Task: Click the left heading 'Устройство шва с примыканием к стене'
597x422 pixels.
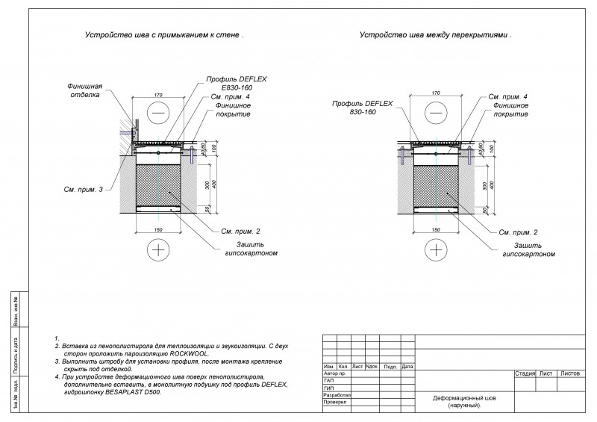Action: (x=164, y=35)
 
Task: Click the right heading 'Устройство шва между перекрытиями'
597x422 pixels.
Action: (x=436, y=35)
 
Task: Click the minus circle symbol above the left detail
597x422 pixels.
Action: (x=158, y=112)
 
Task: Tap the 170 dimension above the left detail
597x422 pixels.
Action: (x=158, y=94)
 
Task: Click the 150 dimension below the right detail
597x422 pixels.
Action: (x=436, y=229)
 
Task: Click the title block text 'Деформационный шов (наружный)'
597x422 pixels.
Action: (x=463, y=401)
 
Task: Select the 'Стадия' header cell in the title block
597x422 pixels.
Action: (x=525, y=372)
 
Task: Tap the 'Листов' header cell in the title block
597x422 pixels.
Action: (x=570, y=372)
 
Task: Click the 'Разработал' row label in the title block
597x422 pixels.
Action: (x=334, y=394)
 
